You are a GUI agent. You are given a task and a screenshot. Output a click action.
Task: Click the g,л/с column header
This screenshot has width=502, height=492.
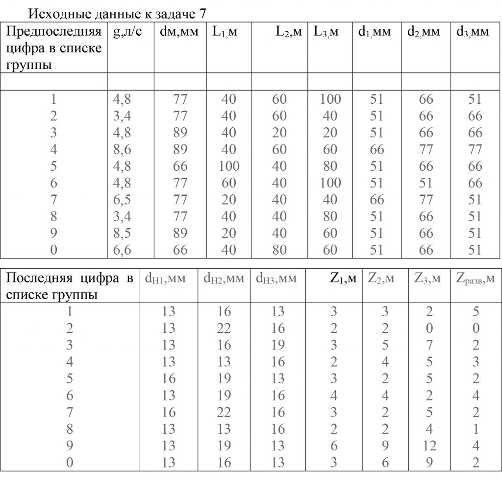[127, 33]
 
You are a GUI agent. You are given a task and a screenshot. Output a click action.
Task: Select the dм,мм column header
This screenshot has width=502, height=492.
[179, 33]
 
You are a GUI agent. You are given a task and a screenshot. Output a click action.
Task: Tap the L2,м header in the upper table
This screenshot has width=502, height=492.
[288, 33]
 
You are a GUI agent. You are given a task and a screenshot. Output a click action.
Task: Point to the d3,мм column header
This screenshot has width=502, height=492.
[473, 33]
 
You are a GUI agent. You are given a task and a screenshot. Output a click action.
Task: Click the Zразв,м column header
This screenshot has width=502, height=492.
[475, 279]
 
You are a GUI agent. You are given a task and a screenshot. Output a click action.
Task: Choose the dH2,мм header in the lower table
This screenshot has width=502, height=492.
[224, 279]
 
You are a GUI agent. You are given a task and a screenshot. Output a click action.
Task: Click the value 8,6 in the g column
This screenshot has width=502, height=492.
[122, 149]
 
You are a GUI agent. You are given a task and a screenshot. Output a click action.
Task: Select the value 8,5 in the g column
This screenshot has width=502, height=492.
[122, 233]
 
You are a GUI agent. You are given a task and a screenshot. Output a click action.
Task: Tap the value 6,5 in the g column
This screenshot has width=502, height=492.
[122, 199]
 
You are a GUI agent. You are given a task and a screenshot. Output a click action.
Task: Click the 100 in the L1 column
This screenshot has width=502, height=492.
[229, 166]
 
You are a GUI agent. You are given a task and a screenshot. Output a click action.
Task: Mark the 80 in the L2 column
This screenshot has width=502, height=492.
[279, 250]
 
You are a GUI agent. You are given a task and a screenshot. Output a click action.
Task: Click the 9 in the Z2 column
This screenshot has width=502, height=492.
[385, 446]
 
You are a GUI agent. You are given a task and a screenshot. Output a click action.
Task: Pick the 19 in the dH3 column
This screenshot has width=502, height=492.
[277, 345]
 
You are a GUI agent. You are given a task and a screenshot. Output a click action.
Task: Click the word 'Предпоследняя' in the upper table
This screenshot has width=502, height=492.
[54, 33]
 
